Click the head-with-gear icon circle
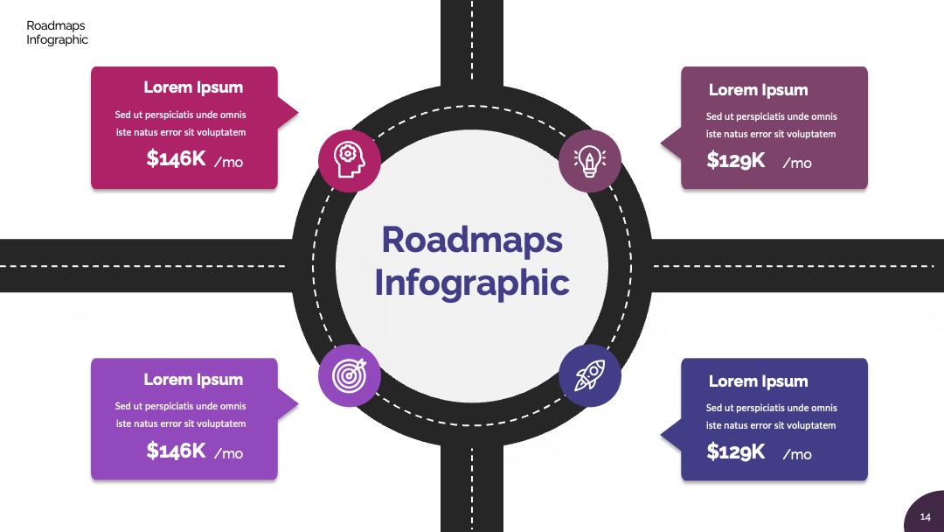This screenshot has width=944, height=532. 349,161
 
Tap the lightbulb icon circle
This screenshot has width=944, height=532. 589,161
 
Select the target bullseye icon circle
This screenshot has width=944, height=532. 349,375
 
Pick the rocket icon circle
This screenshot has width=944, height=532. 589,375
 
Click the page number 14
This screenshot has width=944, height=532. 926,517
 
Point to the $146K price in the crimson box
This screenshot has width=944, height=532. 176,158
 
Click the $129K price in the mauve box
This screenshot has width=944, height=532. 736,160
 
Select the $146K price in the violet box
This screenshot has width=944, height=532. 176,450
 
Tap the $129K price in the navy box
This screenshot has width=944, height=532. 736,451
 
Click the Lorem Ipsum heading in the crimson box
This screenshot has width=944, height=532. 193,88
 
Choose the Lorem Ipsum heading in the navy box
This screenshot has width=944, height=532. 758,381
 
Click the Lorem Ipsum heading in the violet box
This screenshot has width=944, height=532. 193,380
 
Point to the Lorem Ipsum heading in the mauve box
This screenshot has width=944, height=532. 758,90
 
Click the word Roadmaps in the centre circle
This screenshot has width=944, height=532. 472,240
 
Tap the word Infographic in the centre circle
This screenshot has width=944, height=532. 472,283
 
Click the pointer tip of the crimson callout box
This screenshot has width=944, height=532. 299,112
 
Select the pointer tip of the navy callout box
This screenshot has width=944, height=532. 661,435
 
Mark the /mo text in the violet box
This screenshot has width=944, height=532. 229,453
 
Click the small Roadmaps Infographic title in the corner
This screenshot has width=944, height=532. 57,32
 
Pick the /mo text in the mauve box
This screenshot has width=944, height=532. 797,164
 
